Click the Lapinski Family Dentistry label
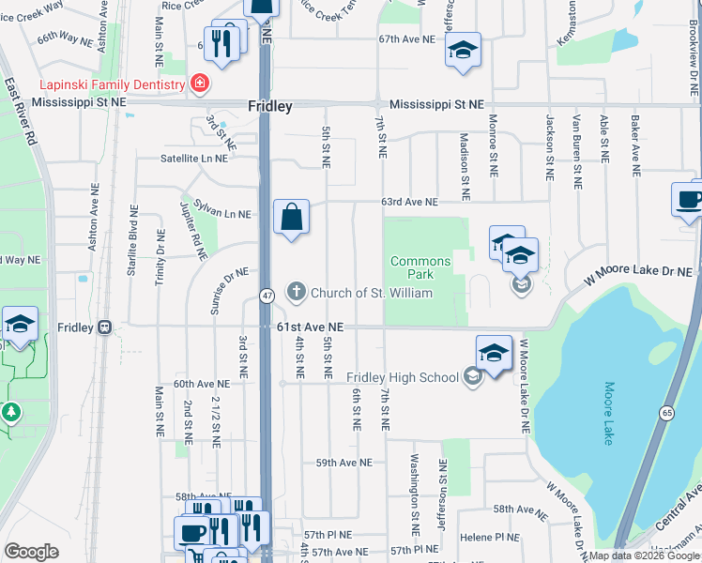click(x=93, y=85)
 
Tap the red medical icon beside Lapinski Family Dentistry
click(x=199, y=84)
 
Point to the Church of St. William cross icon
click(x=297, y=292)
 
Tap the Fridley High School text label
click(x=403, y=377)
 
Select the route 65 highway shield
click(x=666, y=412)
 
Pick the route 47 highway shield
click(x=267, y=297)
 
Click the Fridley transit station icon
click(x=104, y=327)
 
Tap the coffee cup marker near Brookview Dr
click(x=690, y=200)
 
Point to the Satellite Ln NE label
click(x=193, y=159)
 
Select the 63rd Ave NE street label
click(x=408, y=202)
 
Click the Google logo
click(x=31, y=552)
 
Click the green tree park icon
click(x=11, y=411)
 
